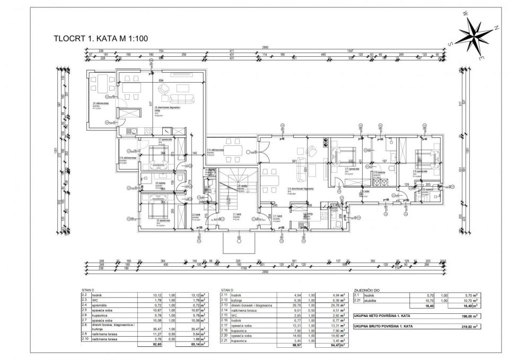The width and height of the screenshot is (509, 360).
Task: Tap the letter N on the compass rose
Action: pyautogui.click(x=496, y=27)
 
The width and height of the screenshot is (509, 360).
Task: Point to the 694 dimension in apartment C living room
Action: pyautogui.click(x=161, y=80)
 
